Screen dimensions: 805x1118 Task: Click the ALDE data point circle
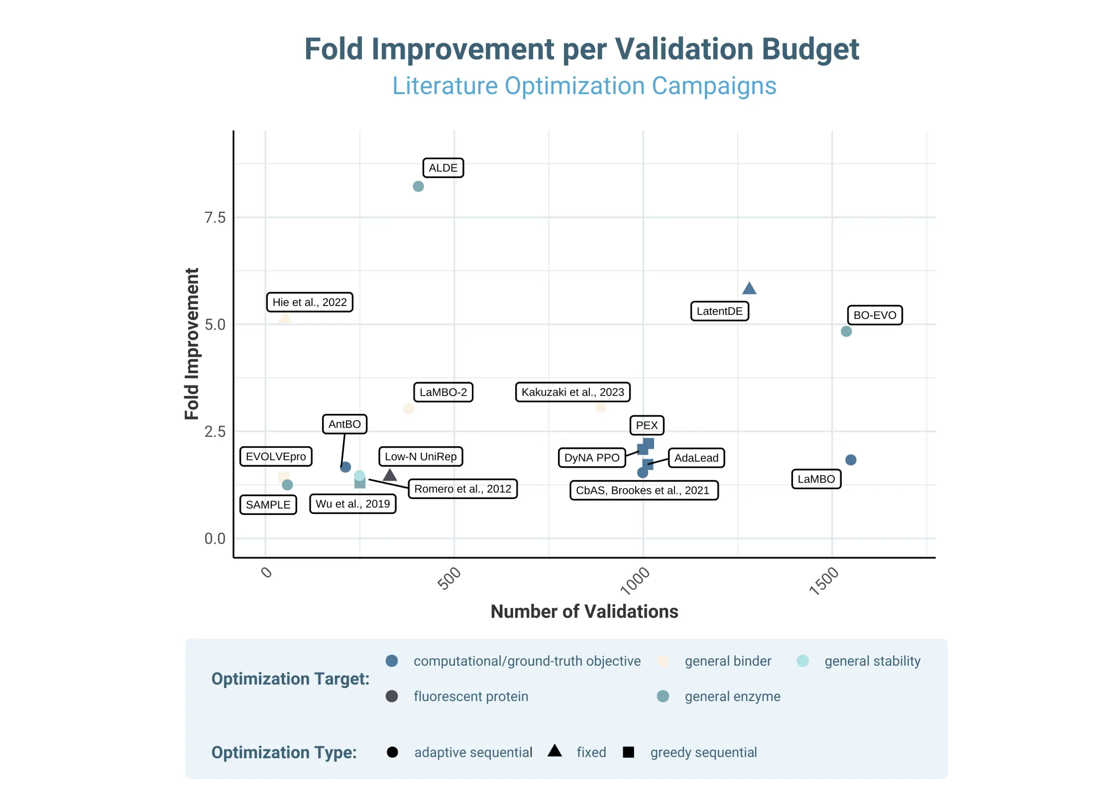pos(418,186)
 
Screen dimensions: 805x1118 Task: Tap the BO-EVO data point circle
pos(846,332)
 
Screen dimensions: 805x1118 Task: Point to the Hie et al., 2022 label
pos(310,302)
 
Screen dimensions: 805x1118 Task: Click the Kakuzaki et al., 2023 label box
pos(572,392)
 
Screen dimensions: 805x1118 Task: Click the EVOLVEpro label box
pos(276,456)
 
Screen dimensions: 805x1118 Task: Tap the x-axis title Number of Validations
pos(584,611)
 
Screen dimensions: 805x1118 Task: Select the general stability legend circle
pos(802,661)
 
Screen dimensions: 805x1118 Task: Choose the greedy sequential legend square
pos(628,752)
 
